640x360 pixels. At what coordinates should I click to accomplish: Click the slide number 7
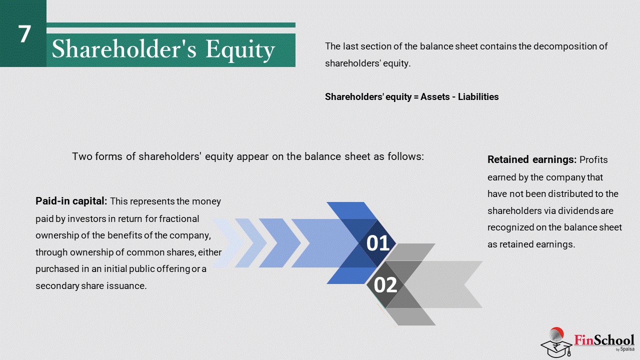24,33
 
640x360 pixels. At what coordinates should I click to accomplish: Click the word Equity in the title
240,50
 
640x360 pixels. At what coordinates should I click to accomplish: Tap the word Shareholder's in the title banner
124,48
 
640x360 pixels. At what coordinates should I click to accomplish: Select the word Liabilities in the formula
478,97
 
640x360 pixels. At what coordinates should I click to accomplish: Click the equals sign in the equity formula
415,97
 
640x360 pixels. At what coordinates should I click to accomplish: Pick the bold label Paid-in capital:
71,201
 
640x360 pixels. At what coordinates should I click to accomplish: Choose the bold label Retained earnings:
532,159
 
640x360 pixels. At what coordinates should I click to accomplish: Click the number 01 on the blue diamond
377,243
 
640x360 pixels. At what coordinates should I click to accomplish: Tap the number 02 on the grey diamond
385,285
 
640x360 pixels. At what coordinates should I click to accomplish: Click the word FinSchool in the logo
604,340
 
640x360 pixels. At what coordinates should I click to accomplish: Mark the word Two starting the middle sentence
81,156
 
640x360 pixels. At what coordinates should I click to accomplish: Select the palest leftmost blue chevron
228,243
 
